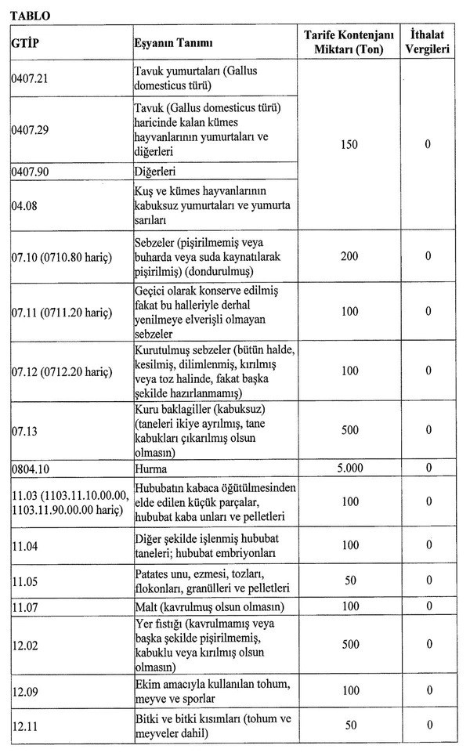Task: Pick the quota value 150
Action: click(350, 145)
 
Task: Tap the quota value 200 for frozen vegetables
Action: click(350, 256)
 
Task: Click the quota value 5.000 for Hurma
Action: click(350, 468)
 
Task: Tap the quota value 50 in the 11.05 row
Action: click(350, 581)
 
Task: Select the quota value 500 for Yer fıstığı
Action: click(350, 644)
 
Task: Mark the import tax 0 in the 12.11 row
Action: click(428, 725)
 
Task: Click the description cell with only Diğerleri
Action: click(154, 170)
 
